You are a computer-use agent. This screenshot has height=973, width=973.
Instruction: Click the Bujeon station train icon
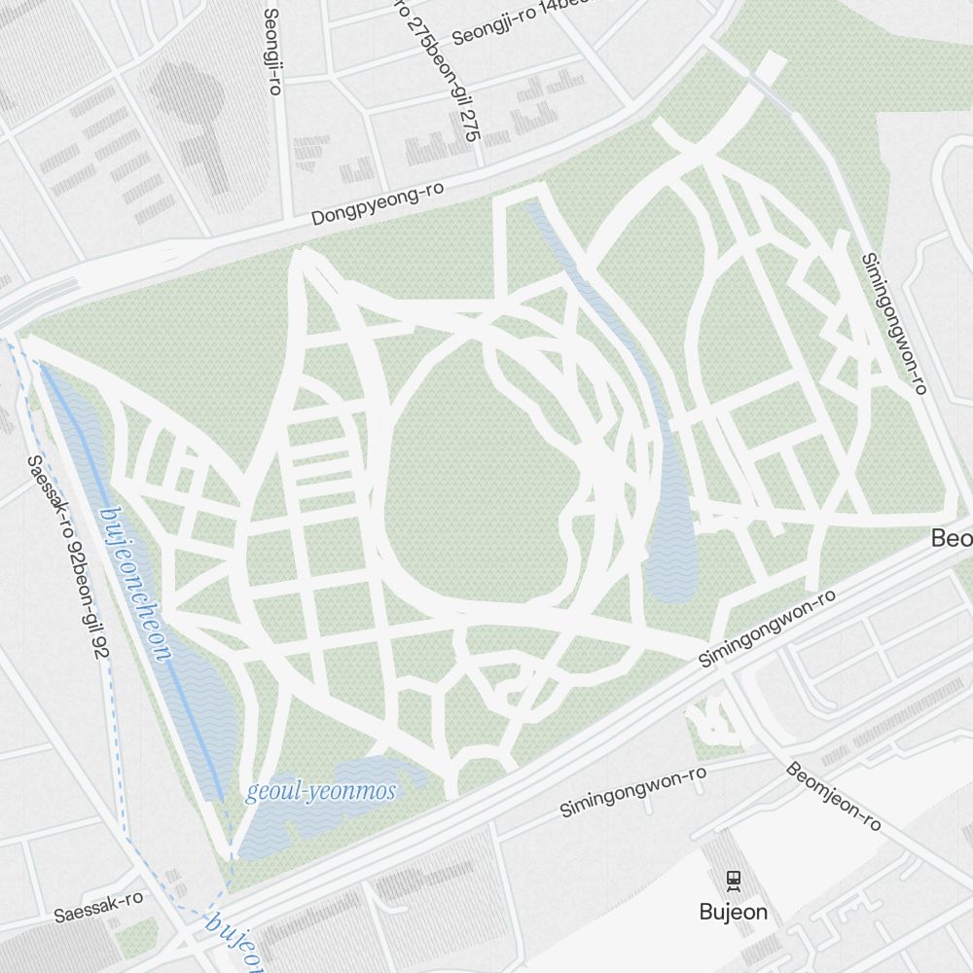734,880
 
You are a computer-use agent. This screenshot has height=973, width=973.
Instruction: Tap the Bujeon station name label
734,912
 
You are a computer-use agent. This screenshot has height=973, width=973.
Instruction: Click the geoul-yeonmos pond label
321,791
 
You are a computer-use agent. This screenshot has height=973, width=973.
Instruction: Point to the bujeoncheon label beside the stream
136,584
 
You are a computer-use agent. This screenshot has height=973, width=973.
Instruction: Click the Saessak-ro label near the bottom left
98,907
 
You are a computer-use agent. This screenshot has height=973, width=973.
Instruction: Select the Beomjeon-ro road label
833,795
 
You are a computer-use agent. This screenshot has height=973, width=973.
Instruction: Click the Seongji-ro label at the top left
272,51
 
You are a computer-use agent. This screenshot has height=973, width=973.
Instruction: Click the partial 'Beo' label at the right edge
952,538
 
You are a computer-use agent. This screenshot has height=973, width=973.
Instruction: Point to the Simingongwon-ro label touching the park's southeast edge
768,628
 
